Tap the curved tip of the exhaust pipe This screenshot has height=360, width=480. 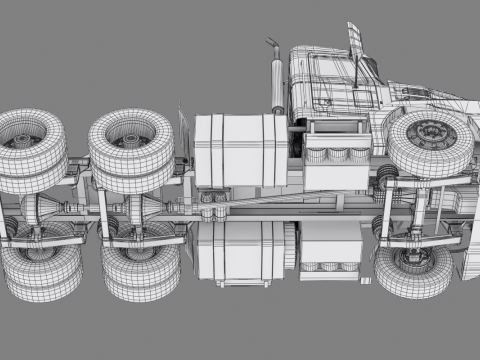(x=270, y=45)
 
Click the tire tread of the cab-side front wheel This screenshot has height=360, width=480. (x=408, y=155)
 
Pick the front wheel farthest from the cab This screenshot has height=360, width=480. (x=412, y=268)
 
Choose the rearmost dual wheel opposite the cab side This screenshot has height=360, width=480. (x=35, y=270)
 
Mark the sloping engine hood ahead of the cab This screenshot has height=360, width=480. (x=420, y=95)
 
